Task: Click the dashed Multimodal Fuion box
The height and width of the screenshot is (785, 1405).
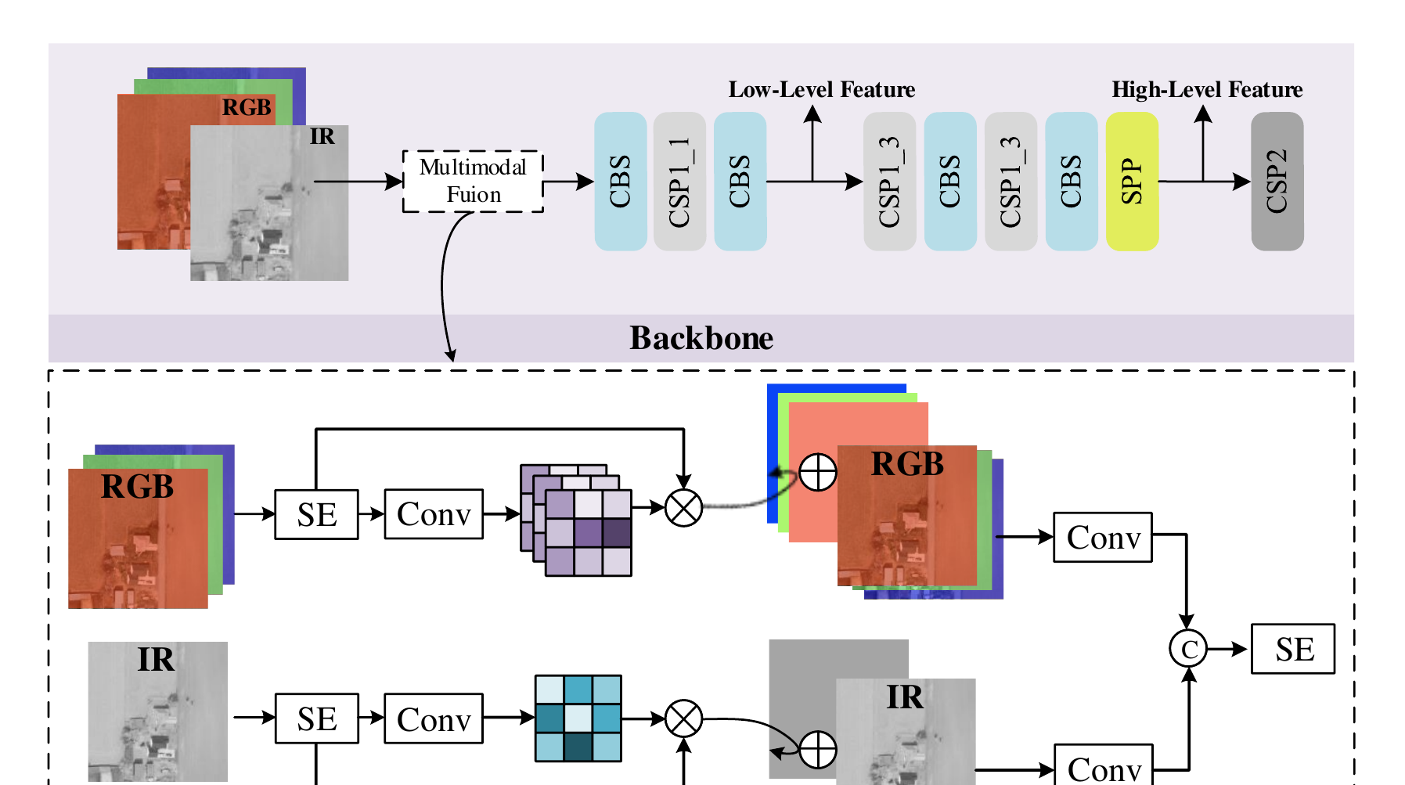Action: [x=473, y=181]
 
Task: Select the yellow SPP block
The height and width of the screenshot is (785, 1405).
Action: [x=1132, y=181]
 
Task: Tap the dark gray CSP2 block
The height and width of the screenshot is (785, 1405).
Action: [x=1277, y=181]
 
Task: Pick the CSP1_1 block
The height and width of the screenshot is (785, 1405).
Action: [x=679, y=181]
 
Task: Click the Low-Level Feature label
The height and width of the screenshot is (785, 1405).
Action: [x=822, y=90]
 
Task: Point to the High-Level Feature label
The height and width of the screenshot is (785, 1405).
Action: [x=1207, y=90]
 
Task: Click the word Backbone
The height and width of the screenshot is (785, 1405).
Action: [x=701, y=338]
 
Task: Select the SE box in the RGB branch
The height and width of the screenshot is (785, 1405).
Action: [x=316, y=514]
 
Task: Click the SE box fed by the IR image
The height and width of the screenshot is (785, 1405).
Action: [x=316, y=718]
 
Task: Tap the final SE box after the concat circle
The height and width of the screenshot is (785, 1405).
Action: [x=1293, y=649]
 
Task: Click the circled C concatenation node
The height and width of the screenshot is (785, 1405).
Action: [x=1188, y=649]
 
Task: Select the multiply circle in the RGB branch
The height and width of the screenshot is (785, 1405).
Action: [x=683, y=508]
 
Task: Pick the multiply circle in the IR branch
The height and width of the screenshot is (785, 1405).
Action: [x=683, y=718]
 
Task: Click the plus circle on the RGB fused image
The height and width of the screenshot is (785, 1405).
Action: [x=818, y=472]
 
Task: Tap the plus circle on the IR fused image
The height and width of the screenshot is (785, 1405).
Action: [x=818, y=751]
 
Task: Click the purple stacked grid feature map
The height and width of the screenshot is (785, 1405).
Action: [x=576, y=520]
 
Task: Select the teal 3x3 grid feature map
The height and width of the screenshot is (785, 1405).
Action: [x=578, y=718]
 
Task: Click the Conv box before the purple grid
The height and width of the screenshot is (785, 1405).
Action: [x=434, y=514]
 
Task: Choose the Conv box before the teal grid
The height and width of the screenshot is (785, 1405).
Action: [x=434, y=718]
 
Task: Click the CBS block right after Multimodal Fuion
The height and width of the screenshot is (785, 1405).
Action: [x=621, y=181]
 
